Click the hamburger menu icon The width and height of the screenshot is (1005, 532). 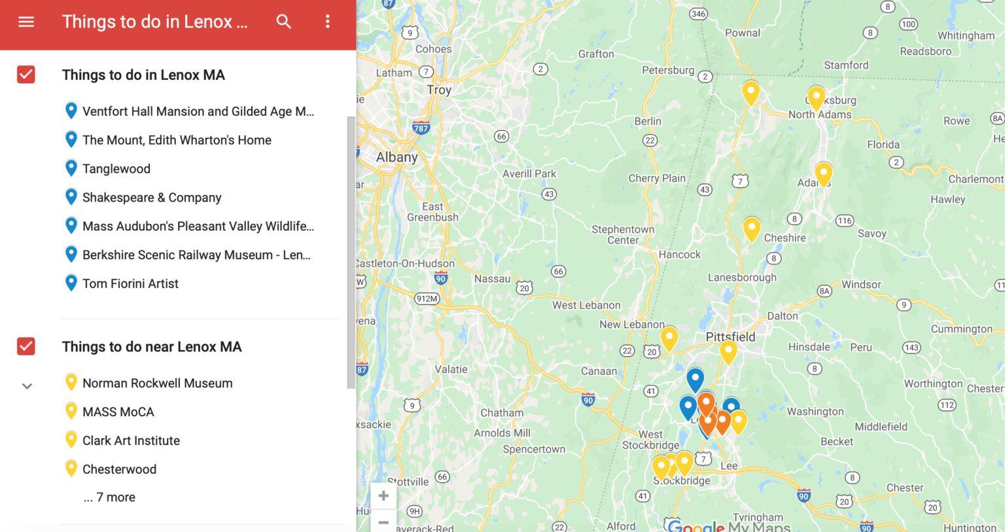[26, 22]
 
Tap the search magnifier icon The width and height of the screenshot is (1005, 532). [283, 22]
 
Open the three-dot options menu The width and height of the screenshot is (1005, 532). [328, 22]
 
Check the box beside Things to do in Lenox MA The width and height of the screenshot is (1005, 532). [26, 75]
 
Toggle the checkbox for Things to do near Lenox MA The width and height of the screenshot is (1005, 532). [26, 346]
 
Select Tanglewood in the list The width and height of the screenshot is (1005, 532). [116, 169]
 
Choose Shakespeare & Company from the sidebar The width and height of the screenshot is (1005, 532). [152, 198]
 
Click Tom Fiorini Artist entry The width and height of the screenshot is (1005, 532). [130, 283]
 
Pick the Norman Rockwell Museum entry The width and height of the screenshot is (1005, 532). [157, 383]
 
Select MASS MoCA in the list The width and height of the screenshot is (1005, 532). [118, 412]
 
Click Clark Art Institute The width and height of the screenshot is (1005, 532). [131, 440]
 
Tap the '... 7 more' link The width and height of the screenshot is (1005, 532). [109, 497]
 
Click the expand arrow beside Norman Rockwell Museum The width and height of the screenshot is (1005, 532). [27, 386]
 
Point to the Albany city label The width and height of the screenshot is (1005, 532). [397, 157]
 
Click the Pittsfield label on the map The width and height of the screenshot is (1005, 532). [730, 336]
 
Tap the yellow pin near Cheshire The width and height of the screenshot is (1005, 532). [752, 229]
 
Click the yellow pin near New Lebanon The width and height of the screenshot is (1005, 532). [669, 338]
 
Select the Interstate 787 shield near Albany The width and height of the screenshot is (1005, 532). [421, 128]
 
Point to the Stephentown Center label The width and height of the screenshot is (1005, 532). [623, 234]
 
